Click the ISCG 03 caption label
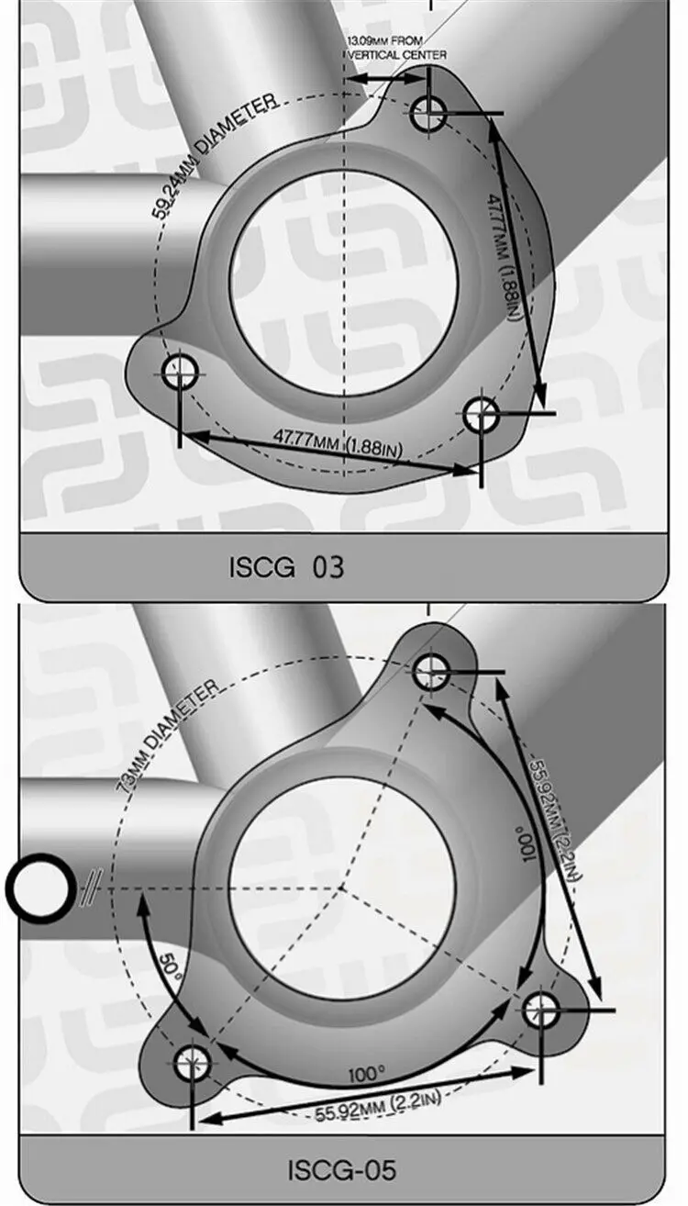pos(286,567)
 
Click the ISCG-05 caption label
pos(341,1170)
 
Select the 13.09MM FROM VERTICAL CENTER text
pos(397,49)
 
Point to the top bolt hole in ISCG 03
pos(428,114)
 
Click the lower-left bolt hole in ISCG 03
pos(180,373)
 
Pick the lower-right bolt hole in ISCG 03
pos(481,416)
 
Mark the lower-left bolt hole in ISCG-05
pos(193,1063)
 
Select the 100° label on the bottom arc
pos(366,1073)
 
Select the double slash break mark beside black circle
pos(90,888)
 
